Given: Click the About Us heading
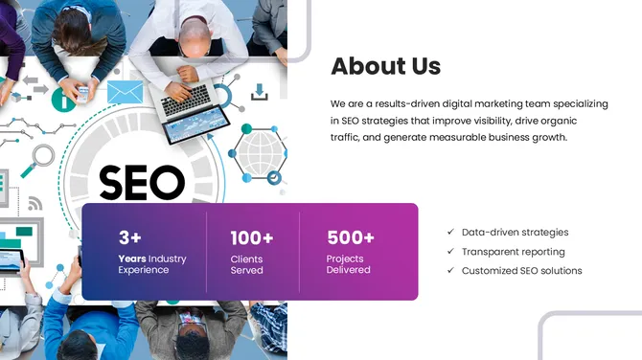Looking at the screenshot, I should tap(385, 66).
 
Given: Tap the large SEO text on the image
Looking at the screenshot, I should tap(142, 182).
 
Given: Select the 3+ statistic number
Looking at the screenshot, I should tap(129, 237).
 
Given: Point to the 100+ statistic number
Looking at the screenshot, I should tap(252, 237).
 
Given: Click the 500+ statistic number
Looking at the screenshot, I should tap(351, 237).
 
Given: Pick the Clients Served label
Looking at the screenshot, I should tap(246, 264).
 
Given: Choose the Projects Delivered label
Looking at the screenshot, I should tap(348, 264).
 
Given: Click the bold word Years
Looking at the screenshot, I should tap(131, 259).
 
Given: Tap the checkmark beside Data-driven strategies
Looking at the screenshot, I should tap(450, 232).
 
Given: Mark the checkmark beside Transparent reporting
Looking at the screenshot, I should tap(450, 252).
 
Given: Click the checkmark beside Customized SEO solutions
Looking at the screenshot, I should tap(450, 271).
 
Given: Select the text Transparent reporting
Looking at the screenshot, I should tap(513, 252).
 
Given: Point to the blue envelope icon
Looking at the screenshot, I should tap(125, 92).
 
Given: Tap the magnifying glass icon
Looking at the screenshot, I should tap(41, 156).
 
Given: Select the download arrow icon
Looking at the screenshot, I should tap(259, 92).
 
